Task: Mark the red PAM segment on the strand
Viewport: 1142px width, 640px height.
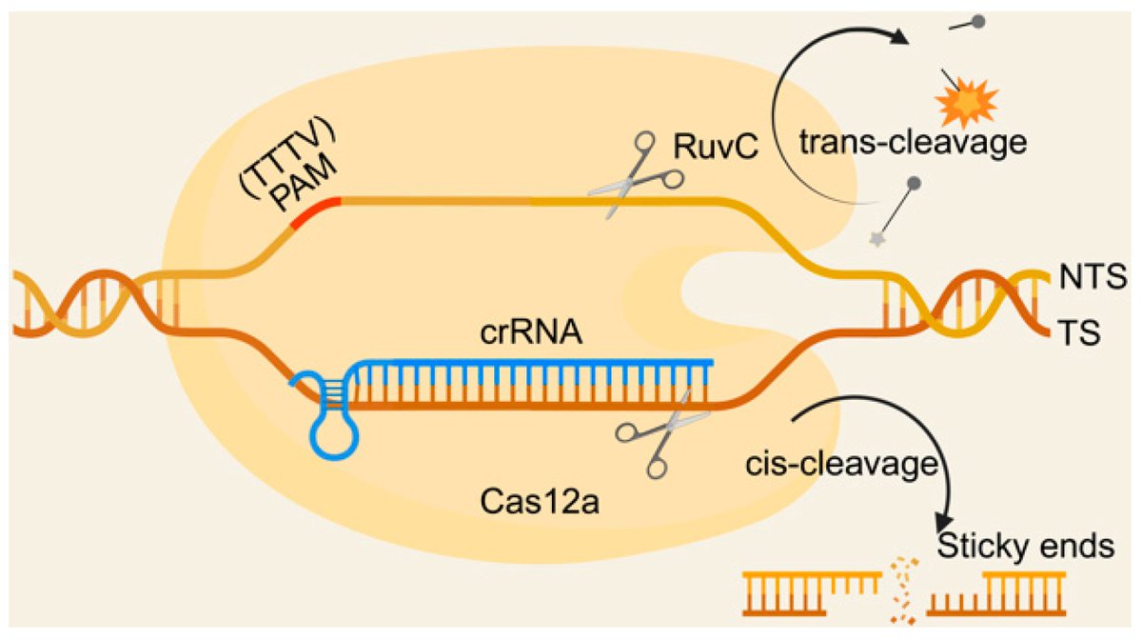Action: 315,215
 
